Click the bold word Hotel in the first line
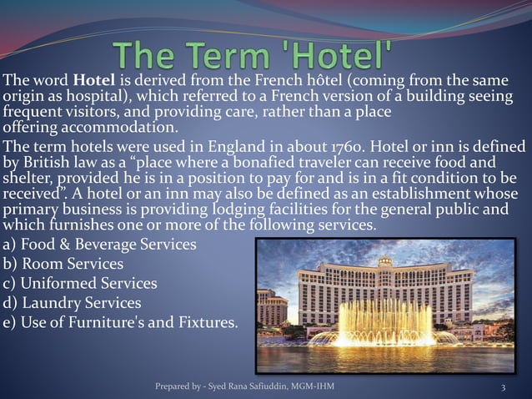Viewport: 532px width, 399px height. point(91,82)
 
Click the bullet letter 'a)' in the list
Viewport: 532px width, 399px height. point(11,245)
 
